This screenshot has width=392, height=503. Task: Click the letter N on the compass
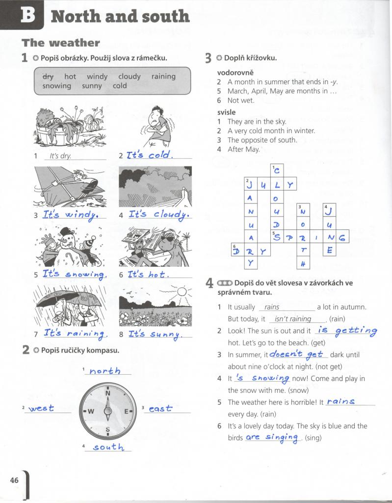108,393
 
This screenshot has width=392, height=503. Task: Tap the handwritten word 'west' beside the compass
42,408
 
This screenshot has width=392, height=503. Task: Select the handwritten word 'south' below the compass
108,447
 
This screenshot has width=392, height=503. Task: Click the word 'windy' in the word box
97,77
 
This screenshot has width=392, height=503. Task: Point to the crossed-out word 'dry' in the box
48,77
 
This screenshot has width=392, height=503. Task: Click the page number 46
14,480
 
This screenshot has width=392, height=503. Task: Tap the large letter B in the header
27,15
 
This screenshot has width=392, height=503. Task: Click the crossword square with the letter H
303,263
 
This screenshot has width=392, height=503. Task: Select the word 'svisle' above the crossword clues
227,112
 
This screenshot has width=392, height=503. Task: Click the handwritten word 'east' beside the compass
160,408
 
